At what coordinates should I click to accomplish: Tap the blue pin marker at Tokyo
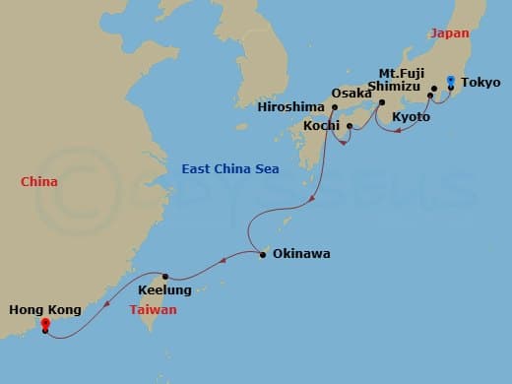pyautogui.click(x=451, y=80)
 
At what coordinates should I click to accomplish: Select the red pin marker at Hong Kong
pyautogui.click(x=45, y=323)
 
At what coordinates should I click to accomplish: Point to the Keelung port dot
pyautogui.click(x=166, y=277)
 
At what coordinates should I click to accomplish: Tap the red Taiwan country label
pyautogui.click(x=153, y=309)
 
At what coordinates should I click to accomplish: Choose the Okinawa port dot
pyautogui.click(x=263, y=254)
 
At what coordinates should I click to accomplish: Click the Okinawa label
pyautogui.click(x=301, y=254)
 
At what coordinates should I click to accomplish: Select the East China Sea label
pyautogui.click(x=229, y=169)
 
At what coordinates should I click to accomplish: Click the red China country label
pyautogui.click(x=39, y=181)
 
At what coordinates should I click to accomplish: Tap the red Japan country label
pyautogui.click(x=449, y=32)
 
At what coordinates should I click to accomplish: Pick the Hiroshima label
pyautogui.click(x=289, y=106)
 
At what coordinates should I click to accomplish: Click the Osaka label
pyautogui.click(x=352, y=94)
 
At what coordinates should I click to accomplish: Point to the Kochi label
pyautogui.click(x=321, y=127)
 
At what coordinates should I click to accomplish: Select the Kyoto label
pyautogui.click(x=411, y=117)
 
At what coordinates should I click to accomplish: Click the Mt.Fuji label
pyautogui.click(x=402, y=72)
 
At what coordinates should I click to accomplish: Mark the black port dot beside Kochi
pyautogui.click(x=350, y=125)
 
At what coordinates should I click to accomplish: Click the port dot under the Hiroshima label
pyautogui.click(x=336, y=107)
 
